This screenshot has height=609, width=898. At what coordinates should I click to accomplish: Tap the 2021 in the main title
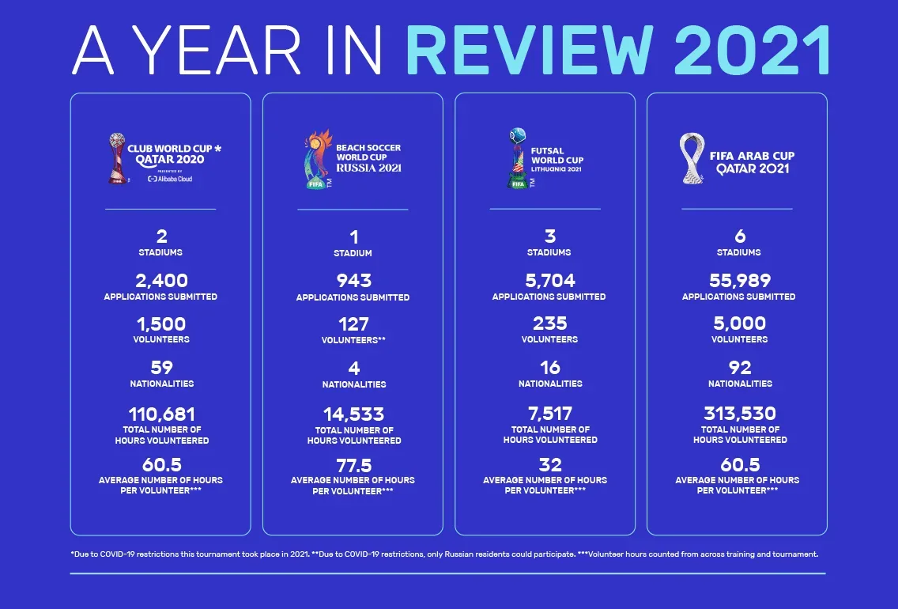753,50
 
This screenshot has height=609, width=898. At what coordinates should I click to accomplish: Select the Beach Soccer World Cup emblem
317,159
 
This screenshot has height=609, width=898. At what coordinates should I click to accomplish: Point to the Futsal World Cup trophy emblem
517,159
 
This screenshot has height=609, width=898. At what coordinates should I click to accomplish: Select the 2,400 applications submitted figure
160,280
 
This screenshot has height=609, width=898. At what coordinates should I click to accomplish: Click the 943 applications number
353,281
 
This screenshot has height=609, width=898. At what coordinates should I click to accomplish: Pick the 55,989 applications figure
740,280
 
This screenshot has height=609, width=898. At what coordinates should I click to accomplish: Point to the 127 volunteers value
353,324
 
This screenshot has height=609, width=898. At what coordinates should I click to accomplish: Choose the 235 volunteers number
550,323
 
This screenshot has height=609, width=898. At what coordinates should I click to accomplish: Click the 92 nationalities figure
740,368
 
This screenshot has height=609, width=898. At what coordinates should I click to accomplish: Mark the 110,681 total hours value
160,414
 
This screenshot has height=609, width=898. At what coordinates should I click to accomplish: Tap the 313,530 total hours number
740,414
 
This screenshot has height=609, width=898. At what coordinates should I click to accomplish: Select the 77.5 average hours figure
353,464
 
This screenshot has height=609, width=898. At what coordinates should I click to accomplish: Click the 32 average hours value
549,464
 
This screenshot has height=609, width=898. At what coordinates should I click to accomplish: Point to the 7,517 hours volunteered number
550,414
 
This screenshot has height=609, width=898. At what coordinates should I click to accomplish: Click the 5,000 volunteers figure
740,323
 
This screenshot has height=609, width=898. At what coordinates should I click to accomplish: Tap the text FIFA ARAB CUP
752,156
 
